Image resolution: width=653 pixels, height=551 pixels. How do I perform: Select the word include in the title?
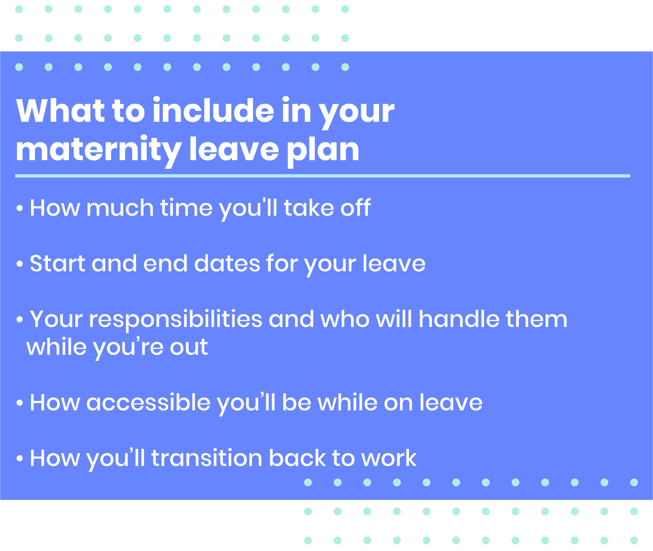tap(213, 111)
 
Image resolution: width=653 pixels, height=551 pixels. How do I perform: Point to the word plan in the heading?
tap(323, 150)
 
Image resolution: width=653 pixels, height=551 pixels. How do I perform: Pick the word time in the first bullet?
tap(187, 208)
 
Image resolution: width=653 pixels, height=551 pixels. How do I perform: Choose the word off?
tap(355, 208)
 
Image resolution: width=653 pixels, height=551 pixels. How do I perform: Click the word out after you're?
tap(188, 347)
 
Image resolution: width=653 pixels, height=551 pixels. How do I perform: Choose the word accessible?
tap(148, 403)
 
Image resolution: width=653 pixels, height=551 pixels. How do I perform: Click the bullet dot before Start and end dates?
tap(19, 264)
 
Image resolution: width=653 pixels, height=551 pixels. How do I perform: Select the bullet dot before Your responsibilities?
tap(19, 320)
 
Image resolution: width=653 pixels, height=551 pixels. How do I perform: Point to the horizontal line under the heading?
tap(322, 176)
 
